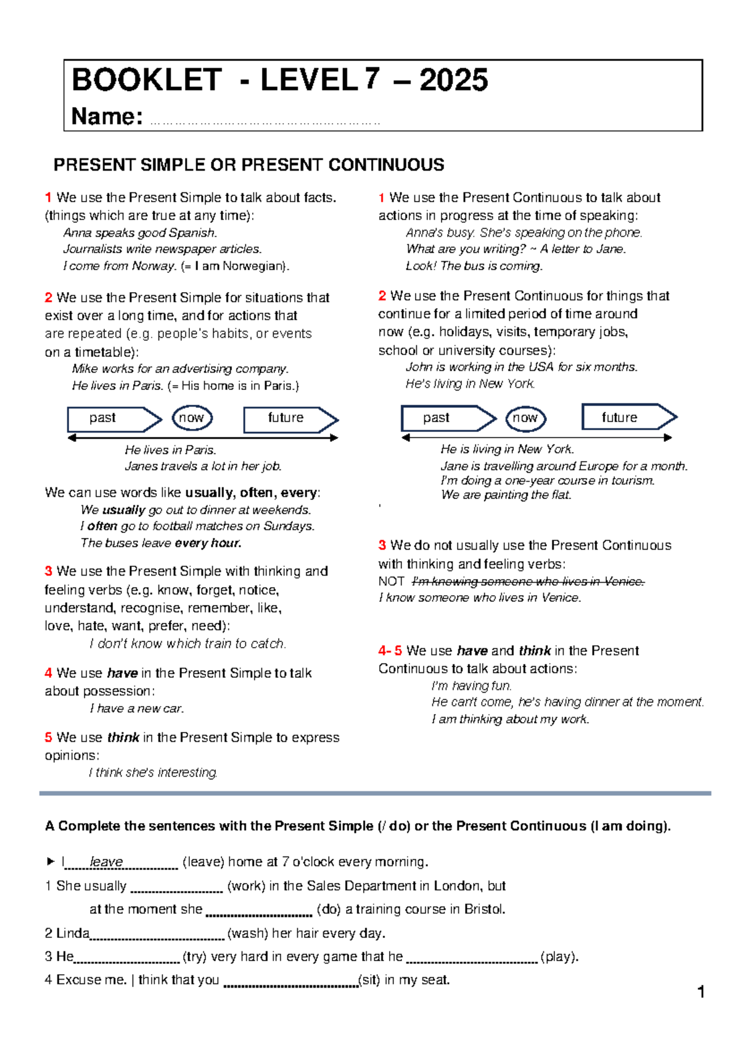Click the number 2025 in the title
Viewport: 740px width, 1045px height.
point(454,80)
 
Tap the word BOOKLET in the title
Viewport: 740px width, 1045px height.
point(146,80)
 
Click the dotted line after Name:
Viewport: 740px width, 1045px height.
point(265,121)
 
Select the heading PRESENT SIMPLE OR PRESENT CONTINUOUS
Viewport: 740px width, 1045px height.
point(249,165)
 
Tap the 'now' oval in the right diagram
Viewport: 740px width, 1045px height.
point(525,418)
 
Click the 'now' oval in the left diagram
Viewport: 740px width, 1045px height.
point(192,418)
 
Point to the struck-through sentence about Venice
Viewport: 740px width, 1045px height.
point(527,581)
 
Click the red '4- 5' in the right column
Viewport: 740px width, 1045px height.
point(390,651)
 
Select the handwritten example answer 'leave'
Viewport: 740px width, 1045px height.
point(107,861)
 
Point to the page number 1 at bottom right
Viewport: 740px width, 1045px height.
point(701,991)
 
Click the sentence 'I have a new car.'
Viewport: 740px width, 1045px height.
point(137,709)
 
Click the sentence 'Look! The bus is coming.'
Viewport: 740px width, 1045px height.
point(474,266)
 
